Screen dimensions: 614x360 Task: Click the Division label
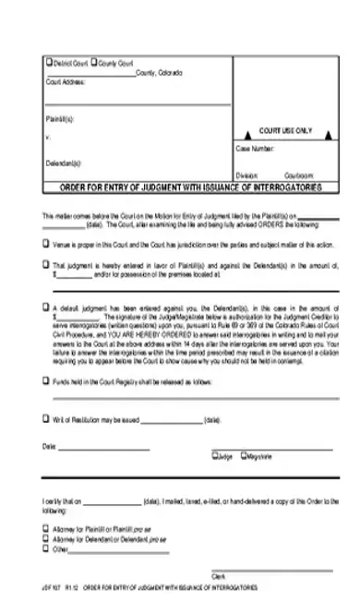tap(246, 173)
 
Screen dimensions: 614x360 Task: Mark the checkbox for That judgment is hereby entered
tap(46, 263)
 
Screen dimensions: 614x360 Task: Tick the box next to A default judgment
tap(46, 307)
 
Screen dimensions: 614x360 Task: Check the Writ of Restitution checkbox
tap(46, 416)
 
